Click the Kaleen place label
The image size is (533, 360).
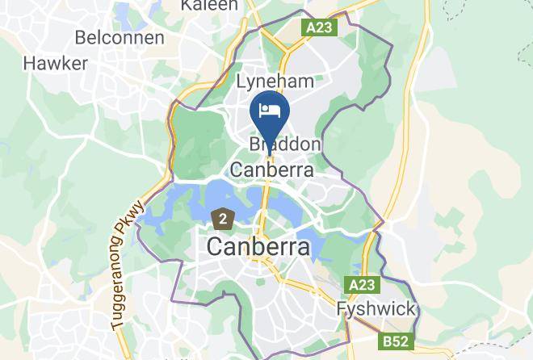[209, 5]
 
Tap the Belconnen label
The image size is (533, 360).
[120, 37]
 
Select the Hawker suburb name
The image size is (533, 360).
[56, 63]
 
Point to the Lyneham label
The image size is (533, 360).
[275, 82]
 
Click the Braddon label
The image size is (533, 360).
[285, 144]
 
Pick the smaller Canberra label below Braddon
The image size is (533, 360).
[272, 170]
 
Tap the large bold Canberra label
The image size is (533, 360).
[258, 247]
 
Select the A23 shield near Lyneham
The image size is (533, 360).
[321, 27]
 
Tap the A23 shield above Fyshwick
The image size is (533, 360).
[363, 285]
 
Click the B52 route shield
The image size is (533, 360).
[396, 341]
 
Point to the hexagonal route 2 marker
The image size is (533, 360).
[222, 217]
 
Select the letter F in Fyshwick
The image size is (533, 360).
[342, 309]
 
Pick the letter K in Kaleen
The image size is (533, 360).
[187, 5]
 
